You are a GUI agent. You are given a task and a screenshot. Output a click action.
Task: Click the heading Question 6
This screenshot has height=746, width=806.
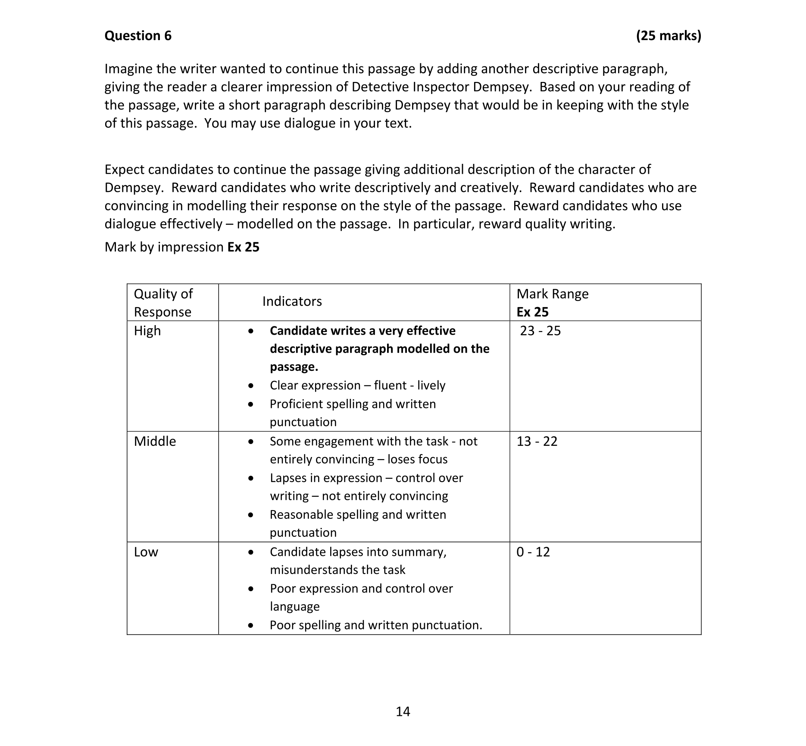pyautogui.click(x=138, y=35)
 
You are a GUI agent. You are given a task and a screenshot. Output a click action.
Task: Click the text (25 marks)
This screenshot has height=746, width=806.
pyautogui.click(x=668, y=35)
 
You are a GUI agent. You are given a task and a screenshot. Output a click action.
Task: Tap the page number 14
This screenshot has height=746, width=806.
pyautogui.click(x=403, y=712)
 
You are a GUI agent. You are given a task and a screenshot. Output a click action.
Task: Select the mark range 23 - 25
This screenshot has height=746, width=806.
pyautogui.click(x=540, y=331)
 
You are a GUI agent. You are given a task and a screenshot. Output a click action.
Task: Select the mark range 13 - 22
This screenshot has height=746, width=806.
pyautogui.click(x=537, y=441)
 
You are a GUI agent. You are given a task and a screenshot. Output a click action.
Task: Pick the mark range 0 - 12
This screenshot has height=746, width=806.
pyautogui.click(x=533, y=552)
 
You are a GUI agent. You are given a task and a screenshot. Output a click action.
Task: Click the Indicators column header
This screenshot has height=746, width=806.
pyautogui.click(x=292, y=301)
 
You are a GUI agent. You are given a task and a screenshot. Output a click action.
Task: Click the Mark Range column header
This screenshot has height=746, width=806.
pyautogui.click(x=552, y=294)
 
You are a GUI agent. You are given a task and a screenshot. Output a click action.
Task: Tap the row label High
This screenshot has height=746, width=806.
pyautogui.click(x=147, y=331)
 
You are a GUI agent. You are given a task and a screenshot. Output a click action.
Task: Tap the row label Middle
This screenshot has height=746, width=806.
pyautogui.click(x=155, y=441)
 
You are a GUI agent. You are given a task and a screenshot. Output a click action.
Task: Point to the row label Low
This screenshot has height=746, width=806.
pyautogui.click(x=146, y=552)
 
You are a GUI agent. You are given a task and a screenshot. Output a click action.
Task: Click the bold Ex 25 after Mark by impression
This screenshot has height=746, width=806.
pyautogui.click(x=243, y=247)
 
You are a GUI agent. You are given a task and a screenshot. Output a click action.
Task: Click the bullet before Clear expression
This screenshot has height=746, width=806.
pyautogui.click(x=251, y=386)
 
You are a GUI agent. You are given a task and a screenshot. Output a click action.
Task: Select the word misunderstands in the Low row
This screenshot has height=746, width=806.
pyautogui.click(x=312, y=570)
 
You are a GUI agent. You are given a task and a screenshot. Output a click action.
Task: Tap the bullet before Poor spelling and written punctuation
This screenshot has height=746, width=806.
pyautogui.click(x=251, y=625)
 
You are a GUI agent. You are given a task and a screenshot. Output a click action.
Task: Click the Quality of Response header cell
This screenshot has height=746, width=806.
pyautogui.click(x=163, y=302)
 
